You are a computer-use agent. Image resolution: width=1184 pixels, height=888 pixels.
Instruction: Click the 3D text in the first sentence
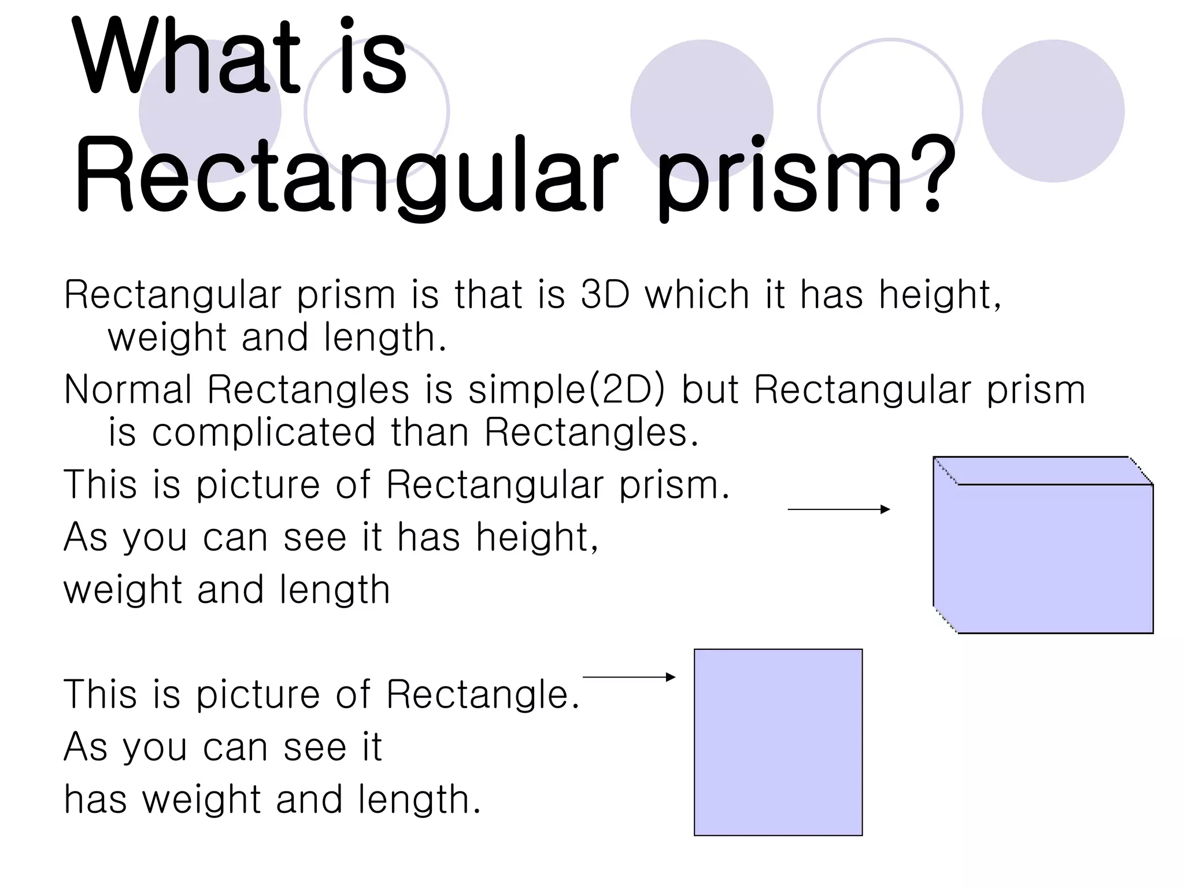[x=605, y=294]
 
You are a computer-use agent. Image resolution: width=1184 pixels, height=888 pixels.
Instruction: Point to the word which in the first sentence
[x=697, y=294]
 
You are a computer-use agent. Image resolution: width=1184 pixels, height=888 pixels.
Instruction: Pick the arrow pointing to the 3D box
[x=838, y=509]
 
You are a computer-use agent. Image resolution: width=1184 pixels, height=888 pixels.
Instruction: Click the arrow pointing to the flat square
[x=629, y=677]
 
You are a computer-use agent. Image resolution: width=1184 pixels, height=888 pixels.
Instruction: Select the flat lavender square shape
[x=778, y=742]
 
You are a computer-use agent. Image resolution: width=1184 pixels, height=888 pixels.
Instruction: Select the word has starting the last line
[x=95, y=800]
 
